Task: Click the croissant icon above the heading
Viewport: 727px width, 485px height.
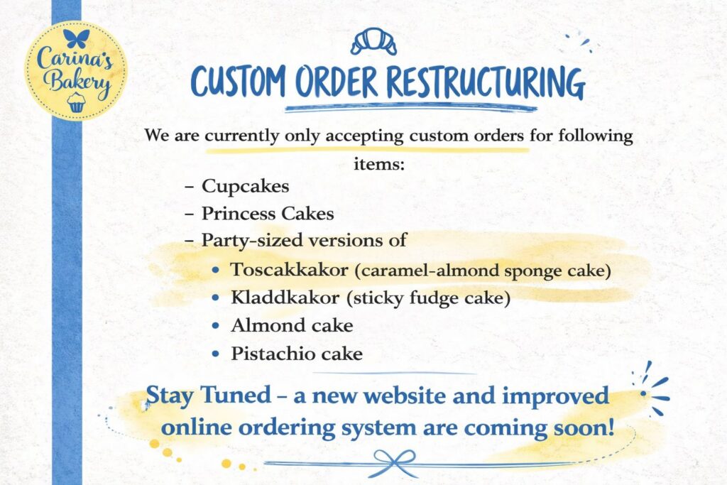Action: tap(373, 41)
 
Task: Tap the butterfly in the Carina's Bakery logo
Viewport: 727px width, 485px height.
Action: tap(76, 38)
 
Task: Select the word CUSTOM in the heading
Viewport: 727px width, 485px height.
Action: tap(239, 82)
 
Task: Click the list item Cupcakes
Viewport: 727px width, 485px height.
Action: tap(245, 186)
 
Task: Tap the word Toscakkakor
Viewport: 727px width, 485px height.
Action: tap(290, 269)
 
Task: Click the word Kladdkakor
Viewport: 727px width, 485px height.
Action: tap(285, 298)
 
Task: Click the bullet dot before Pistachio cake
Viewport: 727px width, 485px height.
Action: tap(215, 354)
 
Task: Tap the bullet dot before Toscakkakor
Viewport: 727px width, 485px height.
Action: tap(215, 269)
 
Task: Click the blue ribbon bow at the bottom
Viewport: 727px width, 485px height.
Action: tap(395, 463)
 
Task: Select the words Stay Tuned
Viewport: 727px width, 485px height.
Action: tap(209, 396)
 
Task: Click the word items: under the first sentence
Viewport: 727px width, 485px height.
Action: tap(379, 163)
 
